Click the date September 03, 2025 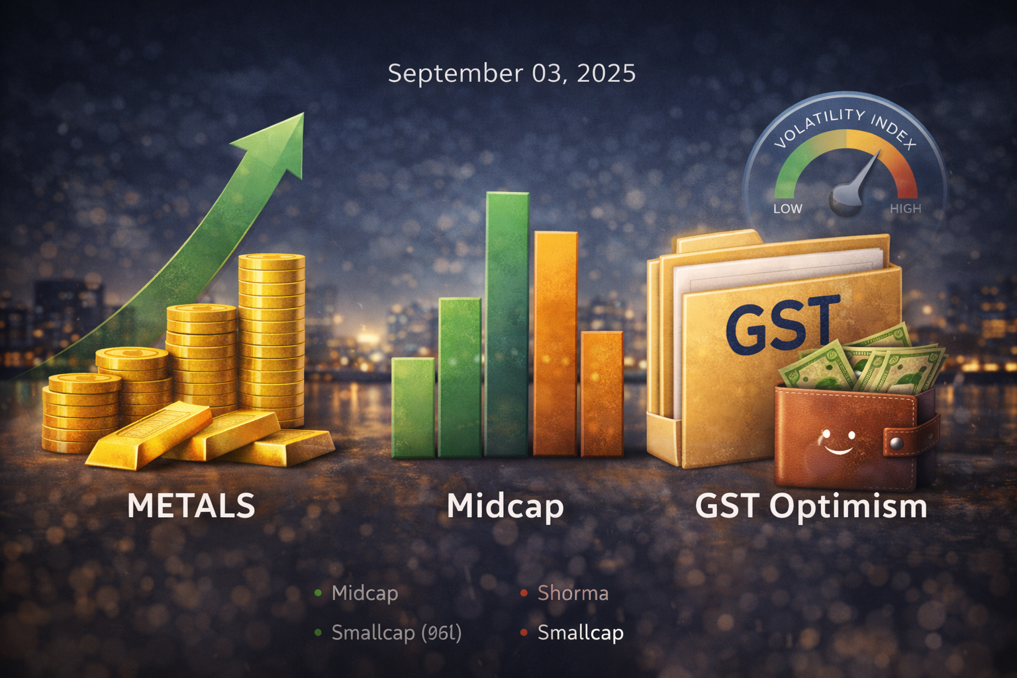point(511,73)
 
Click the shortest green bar point(412,407)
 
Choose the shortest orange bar point(602,393)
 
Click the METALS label point(191,506)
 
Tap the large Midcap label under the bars point(505,507)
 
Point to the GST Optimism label point(810,507)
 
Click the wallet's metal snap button point(896,442)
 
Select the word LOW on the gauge point(787,209)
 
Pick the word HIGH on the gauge point(905,209)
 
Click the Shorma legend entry point(572,593)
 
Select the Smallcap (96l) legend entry point(396,633)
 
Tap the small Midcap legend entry point(364,593)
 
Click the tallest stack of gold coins point(271,338)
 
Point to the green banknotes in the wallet point(861,364)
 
